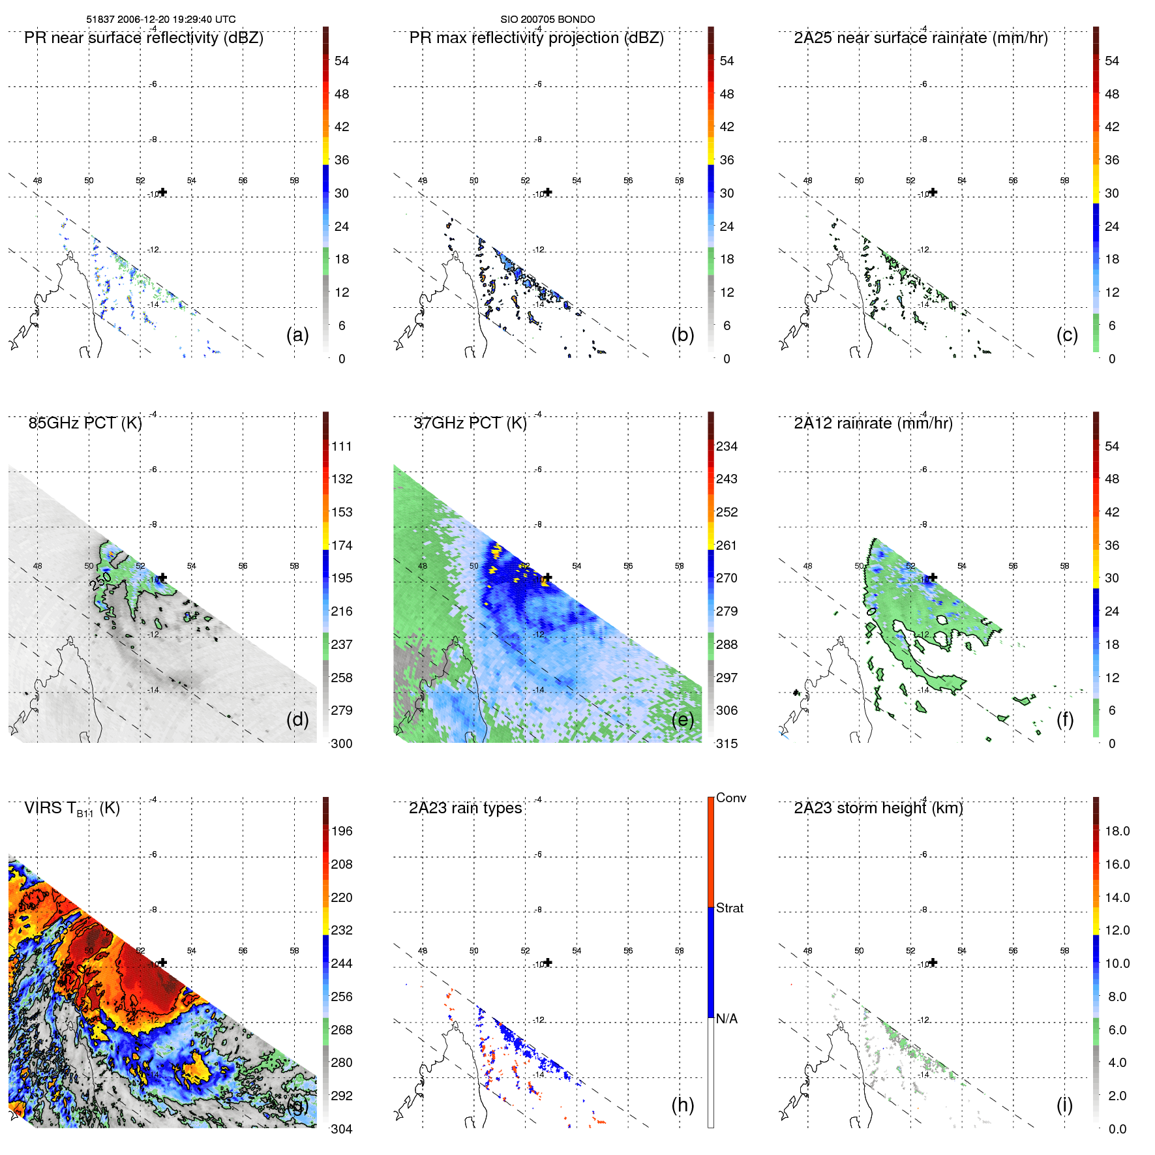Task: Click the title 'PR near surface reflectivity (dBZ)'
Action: pyautogui.click(x=143, y=38)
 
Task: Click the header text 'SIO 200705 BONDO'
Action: pyautogui.click(x=547, y=20)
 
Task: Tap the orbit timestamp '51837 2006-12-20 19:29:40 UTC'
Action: pyautogui.click(x=160, y=20)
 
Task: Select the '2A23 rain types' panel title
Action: pyautogui.click(x=465, y=808)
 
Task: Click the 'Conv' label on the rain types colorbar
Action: pyautogui.click(x=730, y=798)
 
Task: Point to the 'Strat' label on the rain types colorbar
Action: pyautogui.click(x=729, y=908)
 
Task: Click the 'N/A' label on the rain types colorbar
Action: pyautogui.click(x=727, y=1019)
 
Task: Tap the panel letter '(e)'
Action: pyautogui.click(x=682, y=719)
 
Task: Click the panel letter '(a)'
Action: pyautogui.click(x=297, y=335)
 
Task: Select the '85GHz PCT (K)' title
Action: pyautogui.click(x=85, y=423)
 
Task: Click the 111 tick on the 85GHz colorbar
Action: pyautogui.click(x=341, y=446)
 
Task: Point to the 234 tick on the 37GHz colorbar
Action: pyautogui.click(x=727, y=446)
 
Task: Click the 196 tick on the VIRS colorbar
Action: pyautogui.click(x=341, y=831)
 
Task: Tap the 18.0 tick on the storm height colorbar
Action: pyautogui.click(x=1117, y=831)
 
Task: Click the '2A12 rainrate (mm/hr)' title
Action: pyautogui.click(x=873, y=423)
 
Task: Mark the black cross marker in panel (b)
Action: pyautogui.click(x=548, y=192)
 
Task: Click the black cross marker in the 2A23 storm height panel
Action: pyautogui.click(x=933, y=963)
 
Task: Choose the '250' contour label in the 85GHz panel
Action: pyautogui.click(x=101, y=580)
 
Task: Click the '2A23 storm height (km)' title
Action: pyautogui.click(x=878, y=808)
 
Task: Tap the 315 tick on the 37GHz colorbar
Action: pyautogui.click(x=727, y=743)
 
